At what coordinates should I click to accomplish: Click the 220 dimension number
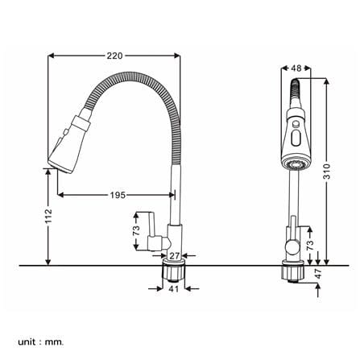click(114, 56)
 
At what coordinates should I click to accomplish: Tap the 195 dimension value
click(118, 195)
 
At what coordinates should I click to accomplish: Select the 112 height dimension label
click(48, 216)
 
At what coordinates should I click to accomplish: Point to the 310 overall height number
click(326, 172)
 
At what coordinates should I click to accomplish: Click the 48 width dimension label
click(296, 68)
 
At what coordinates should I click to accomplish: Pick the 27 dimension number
click(175, 255)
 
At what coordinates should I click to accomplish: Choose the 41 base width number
click(174, 289)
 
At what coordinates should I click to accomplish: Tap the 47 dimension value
click(318, 273)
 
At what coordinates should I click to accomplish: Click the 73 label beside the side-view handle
click(136, 230)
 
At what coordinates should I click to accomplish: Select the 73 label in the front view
click(310, 245)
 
